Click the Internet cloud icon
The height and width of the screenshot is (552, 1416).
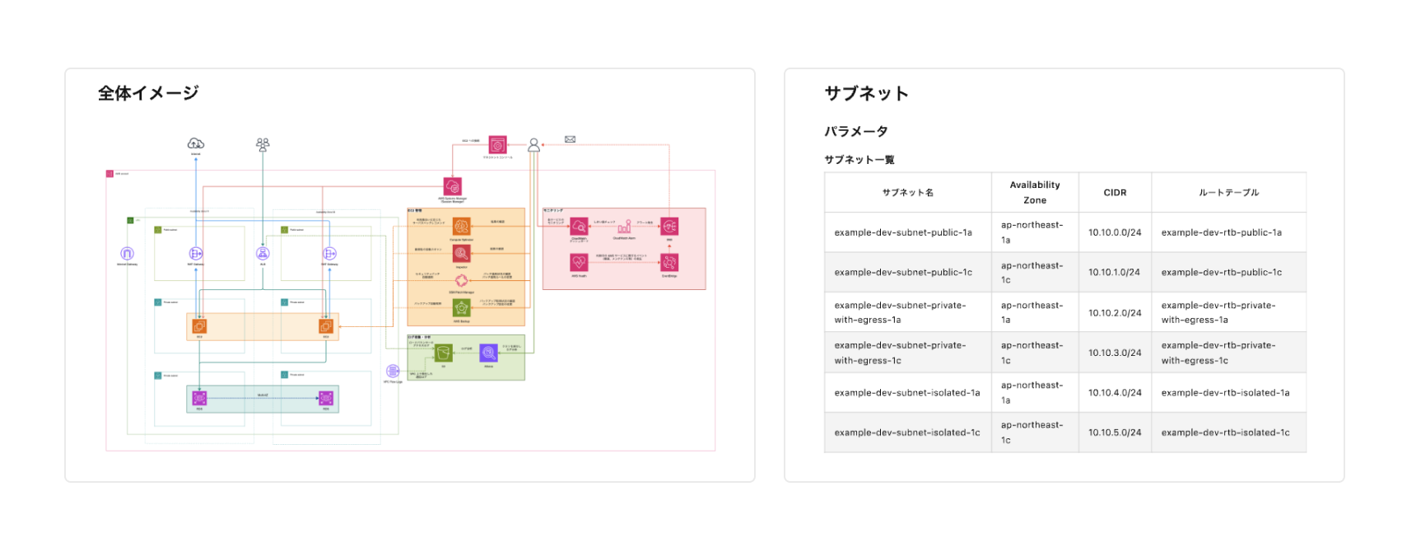pos(196,144)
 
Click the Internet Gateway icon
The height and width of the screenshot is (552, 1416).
pos(127,254)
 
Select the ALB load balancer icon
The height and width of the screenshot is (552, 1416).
pos(263,254)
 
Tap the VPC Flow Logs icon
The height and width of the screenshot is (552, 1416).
pos(393,372)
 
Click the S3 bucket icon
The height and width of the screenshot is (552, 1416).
pos(444,353)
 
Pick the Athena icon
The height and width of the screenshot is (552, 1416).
pos(488,353)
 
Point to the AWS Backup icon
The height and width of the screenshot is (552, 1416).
pos(462,308)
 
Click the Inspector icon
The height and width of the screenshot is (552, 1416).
pos(462,254)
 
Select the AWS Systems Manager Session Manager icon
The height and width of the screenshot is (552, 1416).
pos(452,186)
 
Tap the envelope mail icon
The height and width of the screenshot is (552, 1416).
pos(570,139)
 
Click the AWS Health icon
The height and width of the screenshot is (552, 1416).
pos(579,262)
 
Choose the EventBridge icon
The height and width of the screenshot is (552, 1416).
pos(669,262)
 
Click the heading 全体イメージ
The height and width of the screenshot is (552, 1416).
pos(148,93)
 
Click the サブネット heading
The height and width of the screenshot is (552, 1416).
pos(866,94)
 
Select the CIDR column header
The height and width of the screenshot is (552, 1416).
pos(1115,193)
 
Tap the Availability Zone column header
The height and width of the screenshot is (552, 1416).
pos(1035,193)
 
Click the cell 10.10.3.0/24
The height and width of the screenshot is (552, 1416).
pos(1115,353)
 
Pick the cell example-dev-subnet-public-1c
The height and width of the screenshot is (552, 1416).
pos(903,273)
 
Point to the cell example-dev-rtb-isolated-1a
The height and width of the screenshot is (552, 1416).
pos(1225,393)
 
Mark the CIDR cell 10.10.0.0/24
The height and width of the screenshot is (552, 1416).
pos(1115,233)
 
